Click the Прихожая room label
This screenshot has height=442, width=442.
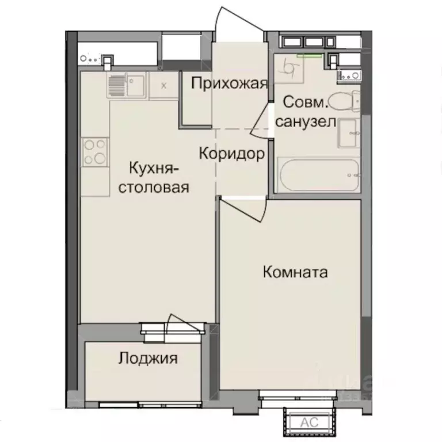pos(229,84)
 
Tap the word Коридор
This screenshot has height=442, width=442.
pos(232,154)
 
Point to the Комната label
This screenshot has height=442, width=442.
pos(295,272)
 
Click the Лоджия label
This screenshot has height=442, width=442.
pos(148,359)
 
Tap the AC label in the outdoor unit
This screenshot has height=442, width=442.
pos(309,422)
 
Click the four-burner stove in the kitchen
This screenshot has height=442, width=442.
pos(95,151)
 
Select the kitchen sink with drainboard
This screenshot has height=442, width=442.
pos(127,86)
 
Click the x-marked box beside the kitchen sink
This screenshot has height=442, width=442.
pos(164,86)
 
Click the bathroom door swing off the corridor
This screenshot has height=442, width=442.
pos(263,121)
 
